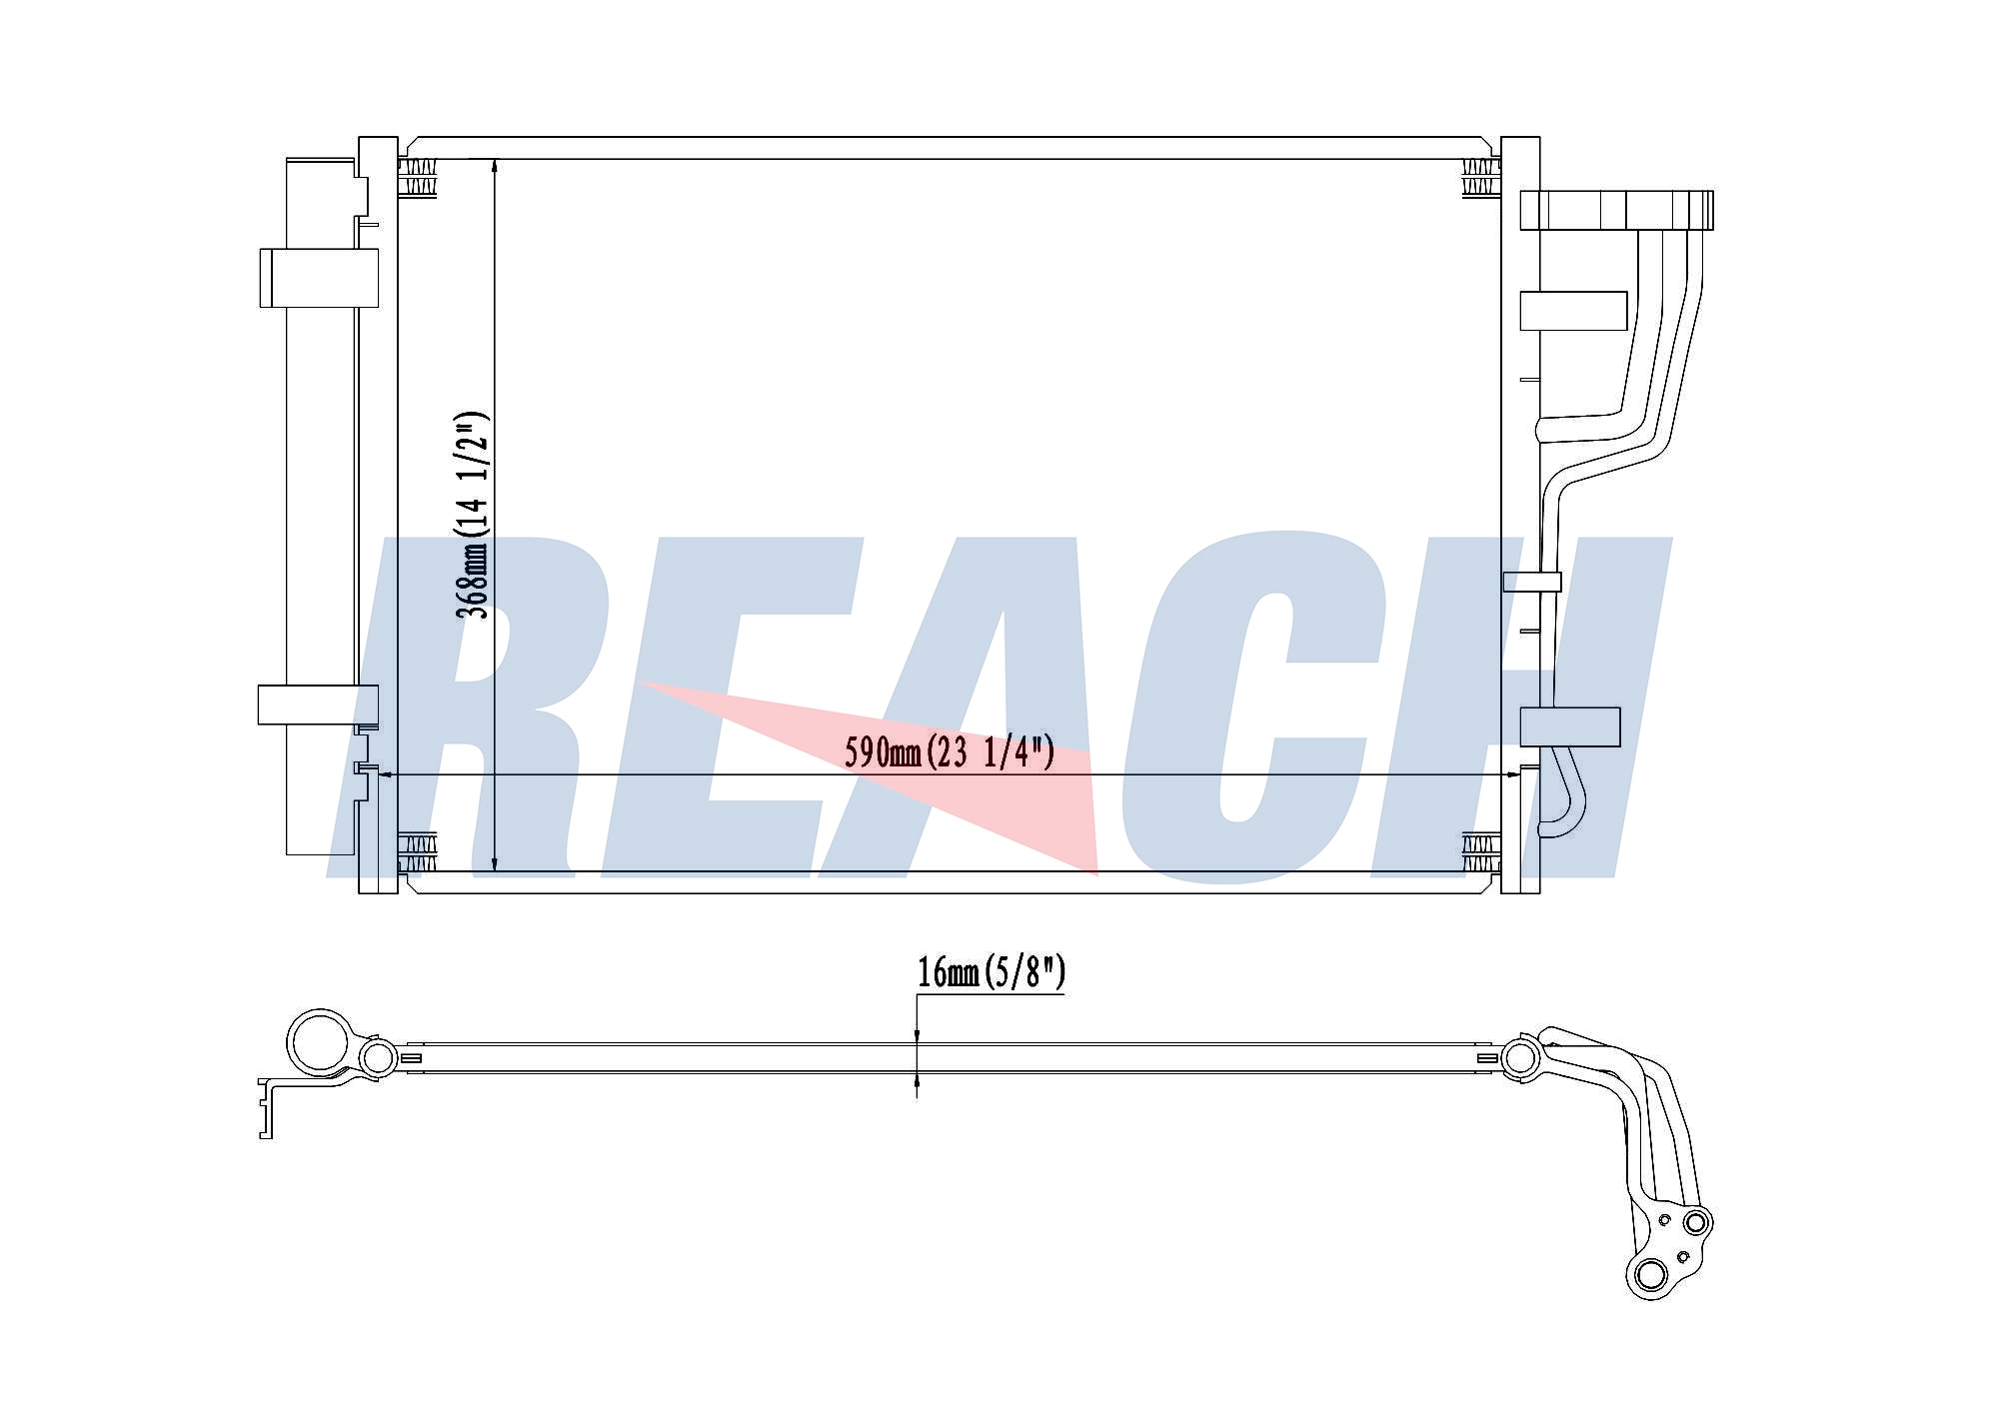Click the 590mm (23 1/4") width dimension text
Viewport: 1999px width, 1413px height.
coord(950,751)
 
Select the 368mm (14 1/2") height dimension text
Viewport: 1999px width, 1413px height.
coord(472,515)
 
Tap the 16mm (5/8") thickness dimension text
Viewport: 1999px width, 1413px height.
coord(992,971)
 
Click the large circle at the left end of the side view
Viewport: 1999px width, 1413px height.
coord(321,1042)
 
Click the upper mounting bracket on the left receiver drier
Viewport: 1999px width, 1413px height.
coord(319,277)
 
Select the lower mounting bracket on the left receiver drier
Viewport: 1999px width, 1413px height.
coord(318,704)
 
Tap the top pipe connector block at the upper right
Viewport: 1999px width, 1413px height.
coord(1616,210)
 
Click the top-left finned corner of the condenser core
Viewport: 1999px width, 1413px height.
coord(417,178)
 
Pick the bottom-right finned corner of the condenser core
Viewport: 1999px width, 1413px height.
coord(1481,851)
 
